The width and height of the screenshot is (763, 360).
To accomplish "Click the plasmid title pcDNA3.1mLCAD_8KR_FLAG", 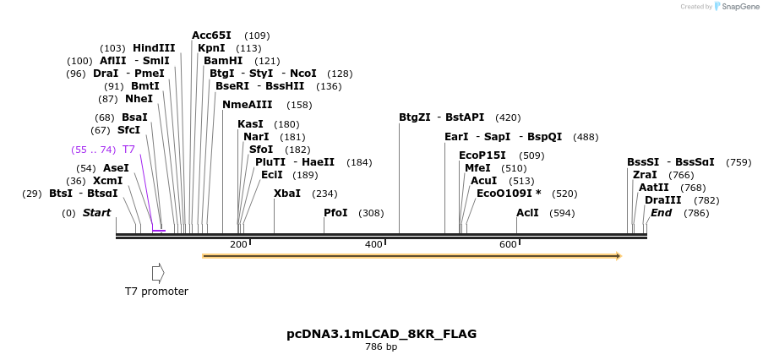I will [x=381, y=334].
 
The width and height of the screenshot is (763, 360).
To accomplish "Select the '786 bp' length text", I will [x=381, y=347].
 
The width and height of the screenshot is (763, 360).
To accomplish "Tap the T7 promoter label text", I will [x=156, y=292].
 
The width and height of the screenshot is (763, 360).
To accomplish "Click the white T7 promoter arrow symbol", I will [x=158, y=273].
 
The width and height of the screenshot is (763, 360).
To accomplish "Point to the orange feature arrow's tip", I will [x=619, y=255].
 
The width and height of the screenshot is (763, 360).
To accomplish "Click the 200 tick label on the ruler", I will [x=238, y=244].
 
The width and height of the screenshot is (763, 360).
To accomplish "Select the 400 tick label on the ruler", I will [x=373, y=244].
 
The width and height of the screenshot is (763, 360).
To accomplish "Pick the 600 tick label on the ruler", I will [x=508, y=244].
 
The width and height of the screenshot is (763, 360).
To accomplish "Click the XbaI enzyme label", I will [x=287, y=194].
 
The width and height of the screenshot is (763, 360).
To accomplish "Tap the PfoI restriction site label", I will [x=335, y=213].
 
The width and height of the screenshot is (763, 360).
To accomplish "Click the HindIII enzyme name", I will [x=154, y=48].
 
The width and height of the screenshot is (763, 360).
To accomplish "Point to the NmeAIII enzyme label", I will [x=247, y=105].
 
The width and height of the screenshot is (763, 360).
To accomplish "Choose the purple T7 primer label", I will [x=128, y=150].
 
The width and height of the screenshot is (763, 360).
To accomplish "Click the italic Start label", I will [x=96, y=213].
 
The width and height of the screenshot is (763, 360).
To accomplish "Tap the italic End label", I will [x=661, y=213].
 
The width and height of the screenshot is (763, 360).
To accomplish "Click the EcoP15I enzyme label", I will [x=482, y=155].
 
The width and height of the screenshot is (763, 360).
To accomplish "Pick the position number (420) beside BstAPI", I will [x=508, y=117].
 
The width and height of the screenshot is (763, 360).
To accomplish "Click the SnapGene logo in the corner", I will [x=737, y=7].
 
